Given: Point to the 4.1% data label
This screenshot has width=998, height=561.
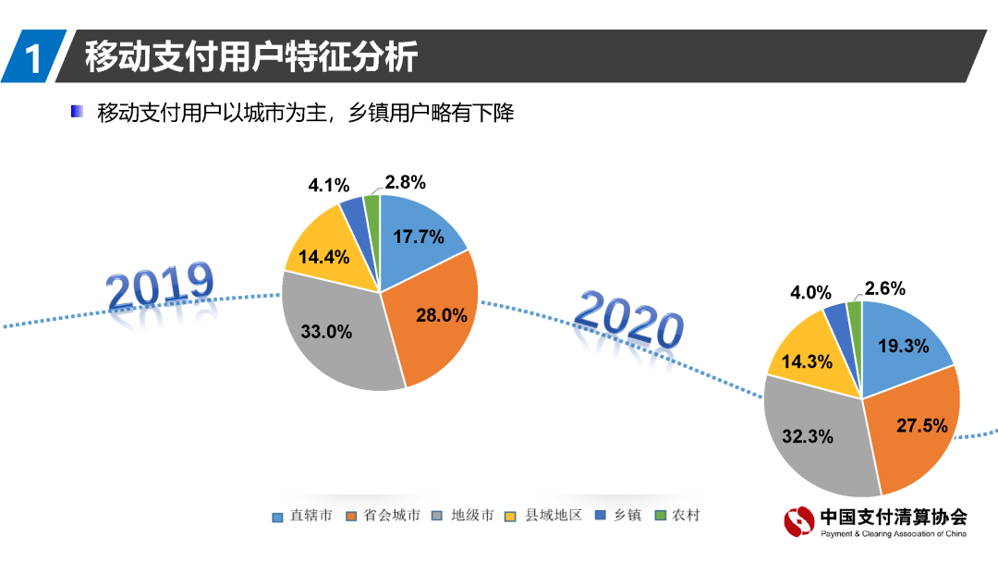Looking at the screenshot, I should (327, 185).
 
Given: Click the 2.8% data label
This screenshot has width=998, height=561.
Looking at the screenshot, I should (406, 182).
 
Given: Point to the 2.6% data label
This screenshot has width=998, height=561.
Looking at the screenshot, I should (884, 288).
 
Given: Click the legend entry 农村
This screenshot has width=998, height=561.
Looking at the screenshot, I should (679, 516).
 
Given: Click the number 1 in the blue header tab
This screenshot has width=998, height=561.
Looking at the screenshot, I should (33, 58).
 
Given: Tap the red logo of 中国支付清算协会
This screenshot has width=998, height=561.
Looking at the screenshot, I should (799, 522).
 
